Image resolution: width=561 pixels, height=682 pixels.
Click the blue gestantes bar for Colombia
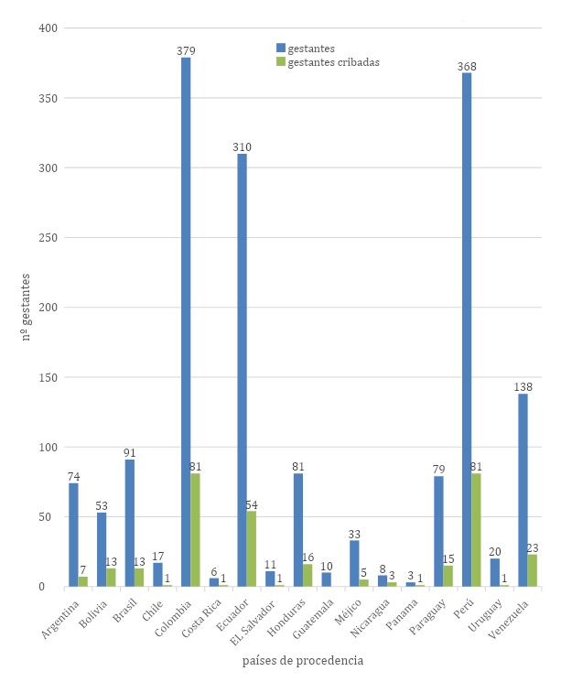[186, 321]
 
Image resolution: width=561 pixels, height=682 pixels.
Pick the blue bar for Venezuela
[523, 490]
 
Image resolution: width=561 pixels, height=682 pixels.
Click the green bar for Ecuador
[252, 548]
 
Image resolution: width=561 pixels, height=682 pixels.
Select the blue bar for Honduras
[297, 530]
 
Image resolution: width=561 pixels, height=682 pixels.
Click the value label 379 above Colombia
[186, 51]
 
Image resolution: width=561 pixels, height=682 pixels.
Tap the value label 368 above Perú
[467, 66]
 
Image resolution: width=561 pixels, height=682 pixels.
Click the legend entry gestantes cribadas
[333, 62]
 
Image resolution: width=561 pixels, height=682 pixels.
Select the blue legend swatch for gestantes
[281, 47]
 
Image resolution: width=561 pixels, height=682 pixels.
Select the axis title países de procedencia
[303, 660]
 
